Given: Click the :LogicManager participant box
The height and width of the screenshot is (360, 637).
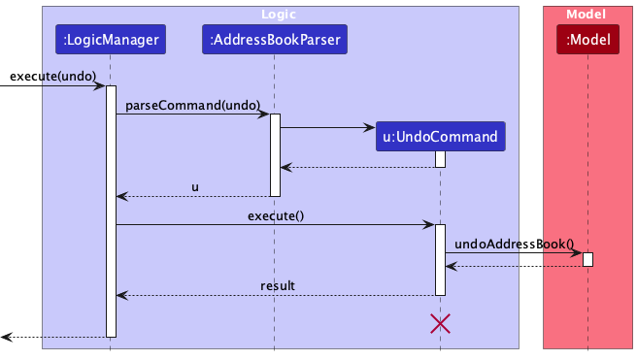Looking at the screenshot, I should pyautogui.click(x=110, y=40).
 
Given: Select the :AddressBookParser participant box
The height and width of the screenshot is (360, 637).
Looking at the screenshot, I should pyautogui.click(x=274, y=40).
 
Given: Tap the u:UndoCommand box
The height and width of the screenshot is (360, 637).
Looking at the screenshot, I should pyautogui.click(x=440, y=137).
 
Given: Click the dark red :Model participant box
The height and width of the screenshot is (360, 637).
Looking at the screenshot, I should pyautogui.click(x=587, y=40).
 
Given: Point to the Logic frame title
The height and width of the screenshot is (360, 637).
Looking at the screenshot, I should pyautogui.click(x=280, y=15).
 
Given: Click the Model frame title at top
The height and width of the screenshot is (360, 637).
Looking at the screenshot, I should pyautogui.click(x=587, y=15).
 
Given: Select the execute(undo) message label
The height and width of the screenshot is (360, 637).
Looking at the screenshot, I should pyautogui.click(x=52, y=76).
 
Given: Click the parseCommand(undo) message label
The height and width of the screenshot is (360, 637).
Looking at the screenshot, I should pyautogui.click(x=191, y=104).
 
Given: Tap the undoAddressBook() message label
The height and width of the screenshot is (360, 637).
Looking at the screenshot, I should pyautogui.click(x=514, y=244).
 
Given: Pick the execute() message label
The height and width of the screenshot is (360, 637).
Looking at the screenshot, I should pyautogui.click(x=275, y=215).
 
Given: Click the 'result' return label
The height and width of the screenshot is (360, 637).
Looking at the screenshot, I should pyautogui.click(x=277, y=285).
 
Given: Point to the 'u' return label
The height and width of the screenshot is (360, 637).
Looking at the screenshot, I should pyautogui.click(x=194, y=186).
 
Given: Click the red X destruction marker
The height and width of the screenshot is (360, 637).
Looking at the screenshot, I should pyautogui.click(x=440, y=324).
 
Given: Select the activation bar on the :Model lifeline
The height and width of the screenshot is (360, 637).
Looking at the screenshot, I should pyautogui.click(x=587, y=259).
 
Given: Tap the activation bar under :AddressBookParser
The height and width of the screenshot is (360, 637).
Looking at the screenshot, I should pyautogui.click(x=275, y=154).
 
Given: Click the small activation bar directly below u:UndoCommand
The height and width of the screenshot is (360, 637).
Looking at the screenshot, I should pyautogui.click(x=440, y=159).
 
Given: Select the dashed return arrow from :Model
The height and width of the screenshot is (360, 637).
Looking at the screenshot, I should pyautogui.click(x=514, y=266).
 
